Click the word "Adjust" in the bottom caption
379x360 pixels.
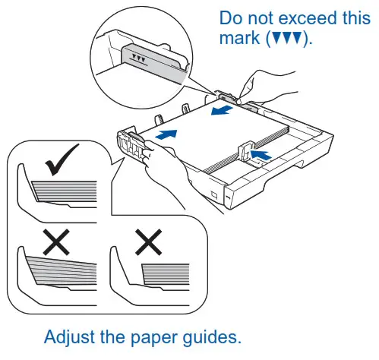point(71,336)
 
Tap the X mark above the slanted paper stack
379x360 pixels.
point(57,241)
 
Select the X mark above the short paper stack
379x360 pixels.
point(149,241)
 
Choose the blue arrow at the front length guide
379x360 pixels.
point(260,156)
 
